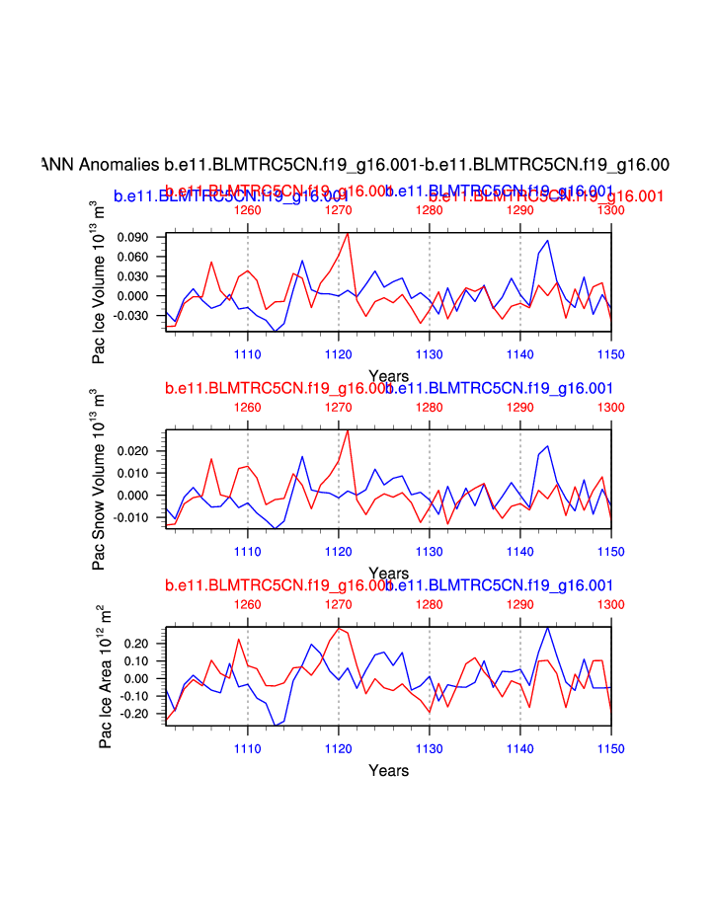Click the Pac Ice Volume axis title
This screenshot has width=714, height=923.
[100, 281]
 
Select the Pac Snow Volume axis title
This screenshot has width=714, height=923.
[100, 479]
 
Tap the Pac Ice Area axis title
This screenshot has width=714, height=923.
[105, 677]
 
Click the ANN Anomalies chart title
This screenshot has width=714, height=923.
[356, 164]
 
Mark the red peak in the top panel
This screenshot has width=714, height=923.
[348, 233]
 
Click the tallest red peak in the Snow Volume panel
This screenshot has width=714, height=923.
[348, 430]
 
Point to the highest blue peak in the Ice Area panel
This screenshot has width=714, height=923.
[547, 627]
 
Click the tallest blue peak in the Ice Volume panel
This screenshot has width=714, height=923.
[547, 240]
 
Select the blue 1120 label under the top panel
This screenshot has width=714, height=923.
[338, 353]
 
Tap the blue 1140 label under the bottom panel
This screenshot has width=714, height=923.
[520, 748]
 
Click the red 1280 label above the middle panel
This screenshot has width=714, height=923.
[429, 407]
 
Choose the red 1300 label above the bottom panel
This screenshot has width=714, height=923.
[611, 604]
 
